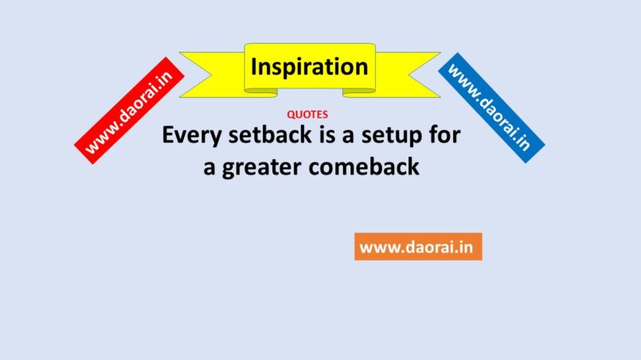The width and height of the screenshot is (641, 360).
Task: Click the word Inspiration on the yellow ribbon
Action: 310,67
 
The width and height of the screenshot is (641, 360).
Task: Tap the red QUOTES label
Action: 307,115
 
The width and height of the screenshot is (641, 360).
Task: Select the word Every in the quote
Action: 191,136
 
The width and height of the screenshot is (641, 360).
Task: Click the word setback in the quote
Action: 270,135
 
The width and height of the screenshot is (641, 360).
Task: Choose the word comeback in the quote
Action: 364,167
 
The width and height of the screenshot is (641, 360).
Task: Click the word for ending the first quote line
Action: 445,135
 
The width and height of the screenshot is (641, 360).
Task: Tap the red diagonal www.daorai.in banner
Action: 129,111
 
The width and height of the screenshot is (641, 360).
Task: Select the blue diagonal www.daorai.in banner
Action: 491,108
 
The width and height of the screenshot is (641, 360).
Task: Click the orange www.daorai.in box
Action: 418,247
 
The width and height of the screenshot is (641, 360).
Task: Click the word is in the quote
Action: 327,135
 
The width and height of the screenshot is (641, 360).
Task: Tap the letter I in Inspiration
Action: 253,67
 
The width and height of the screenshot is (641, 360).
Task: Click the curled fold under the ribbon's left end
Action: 261,93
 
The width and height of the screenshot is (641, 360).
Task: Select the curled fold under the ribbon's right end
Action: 359,93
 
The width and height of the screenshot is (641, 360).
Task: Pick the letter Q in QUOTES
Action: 291,115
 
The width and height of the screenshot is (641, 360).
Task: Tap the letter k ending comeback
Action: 414,167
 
